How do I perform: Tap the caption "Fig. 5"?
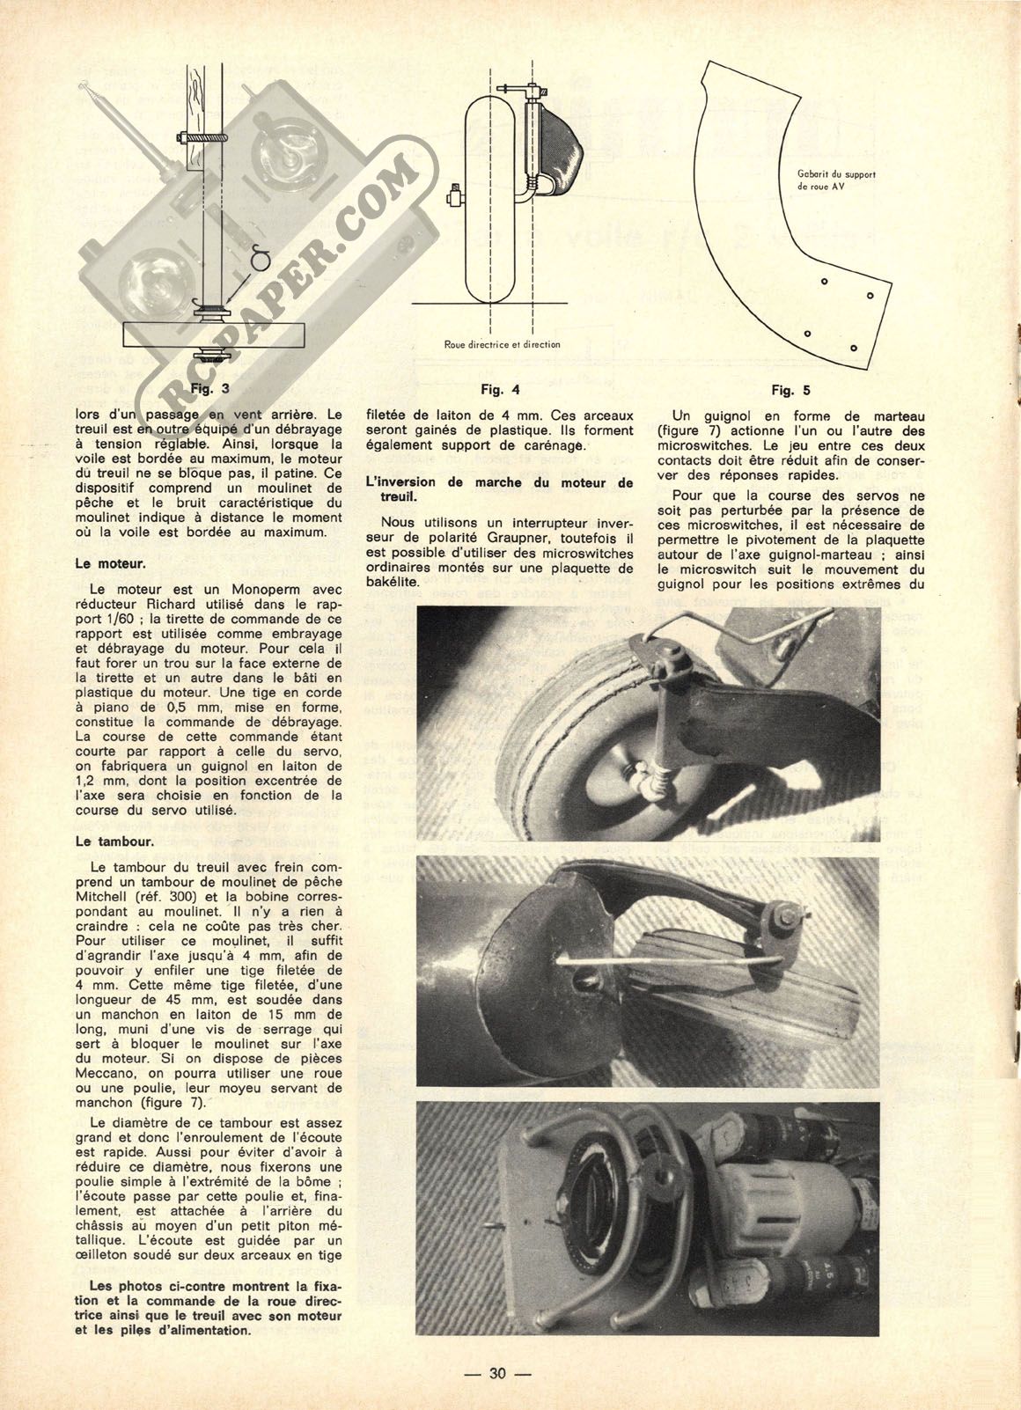coord(790,388)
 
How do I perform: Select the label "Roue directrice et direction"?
coord(502,344)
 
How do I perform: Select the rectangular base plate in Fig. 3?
coord(214,335)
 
